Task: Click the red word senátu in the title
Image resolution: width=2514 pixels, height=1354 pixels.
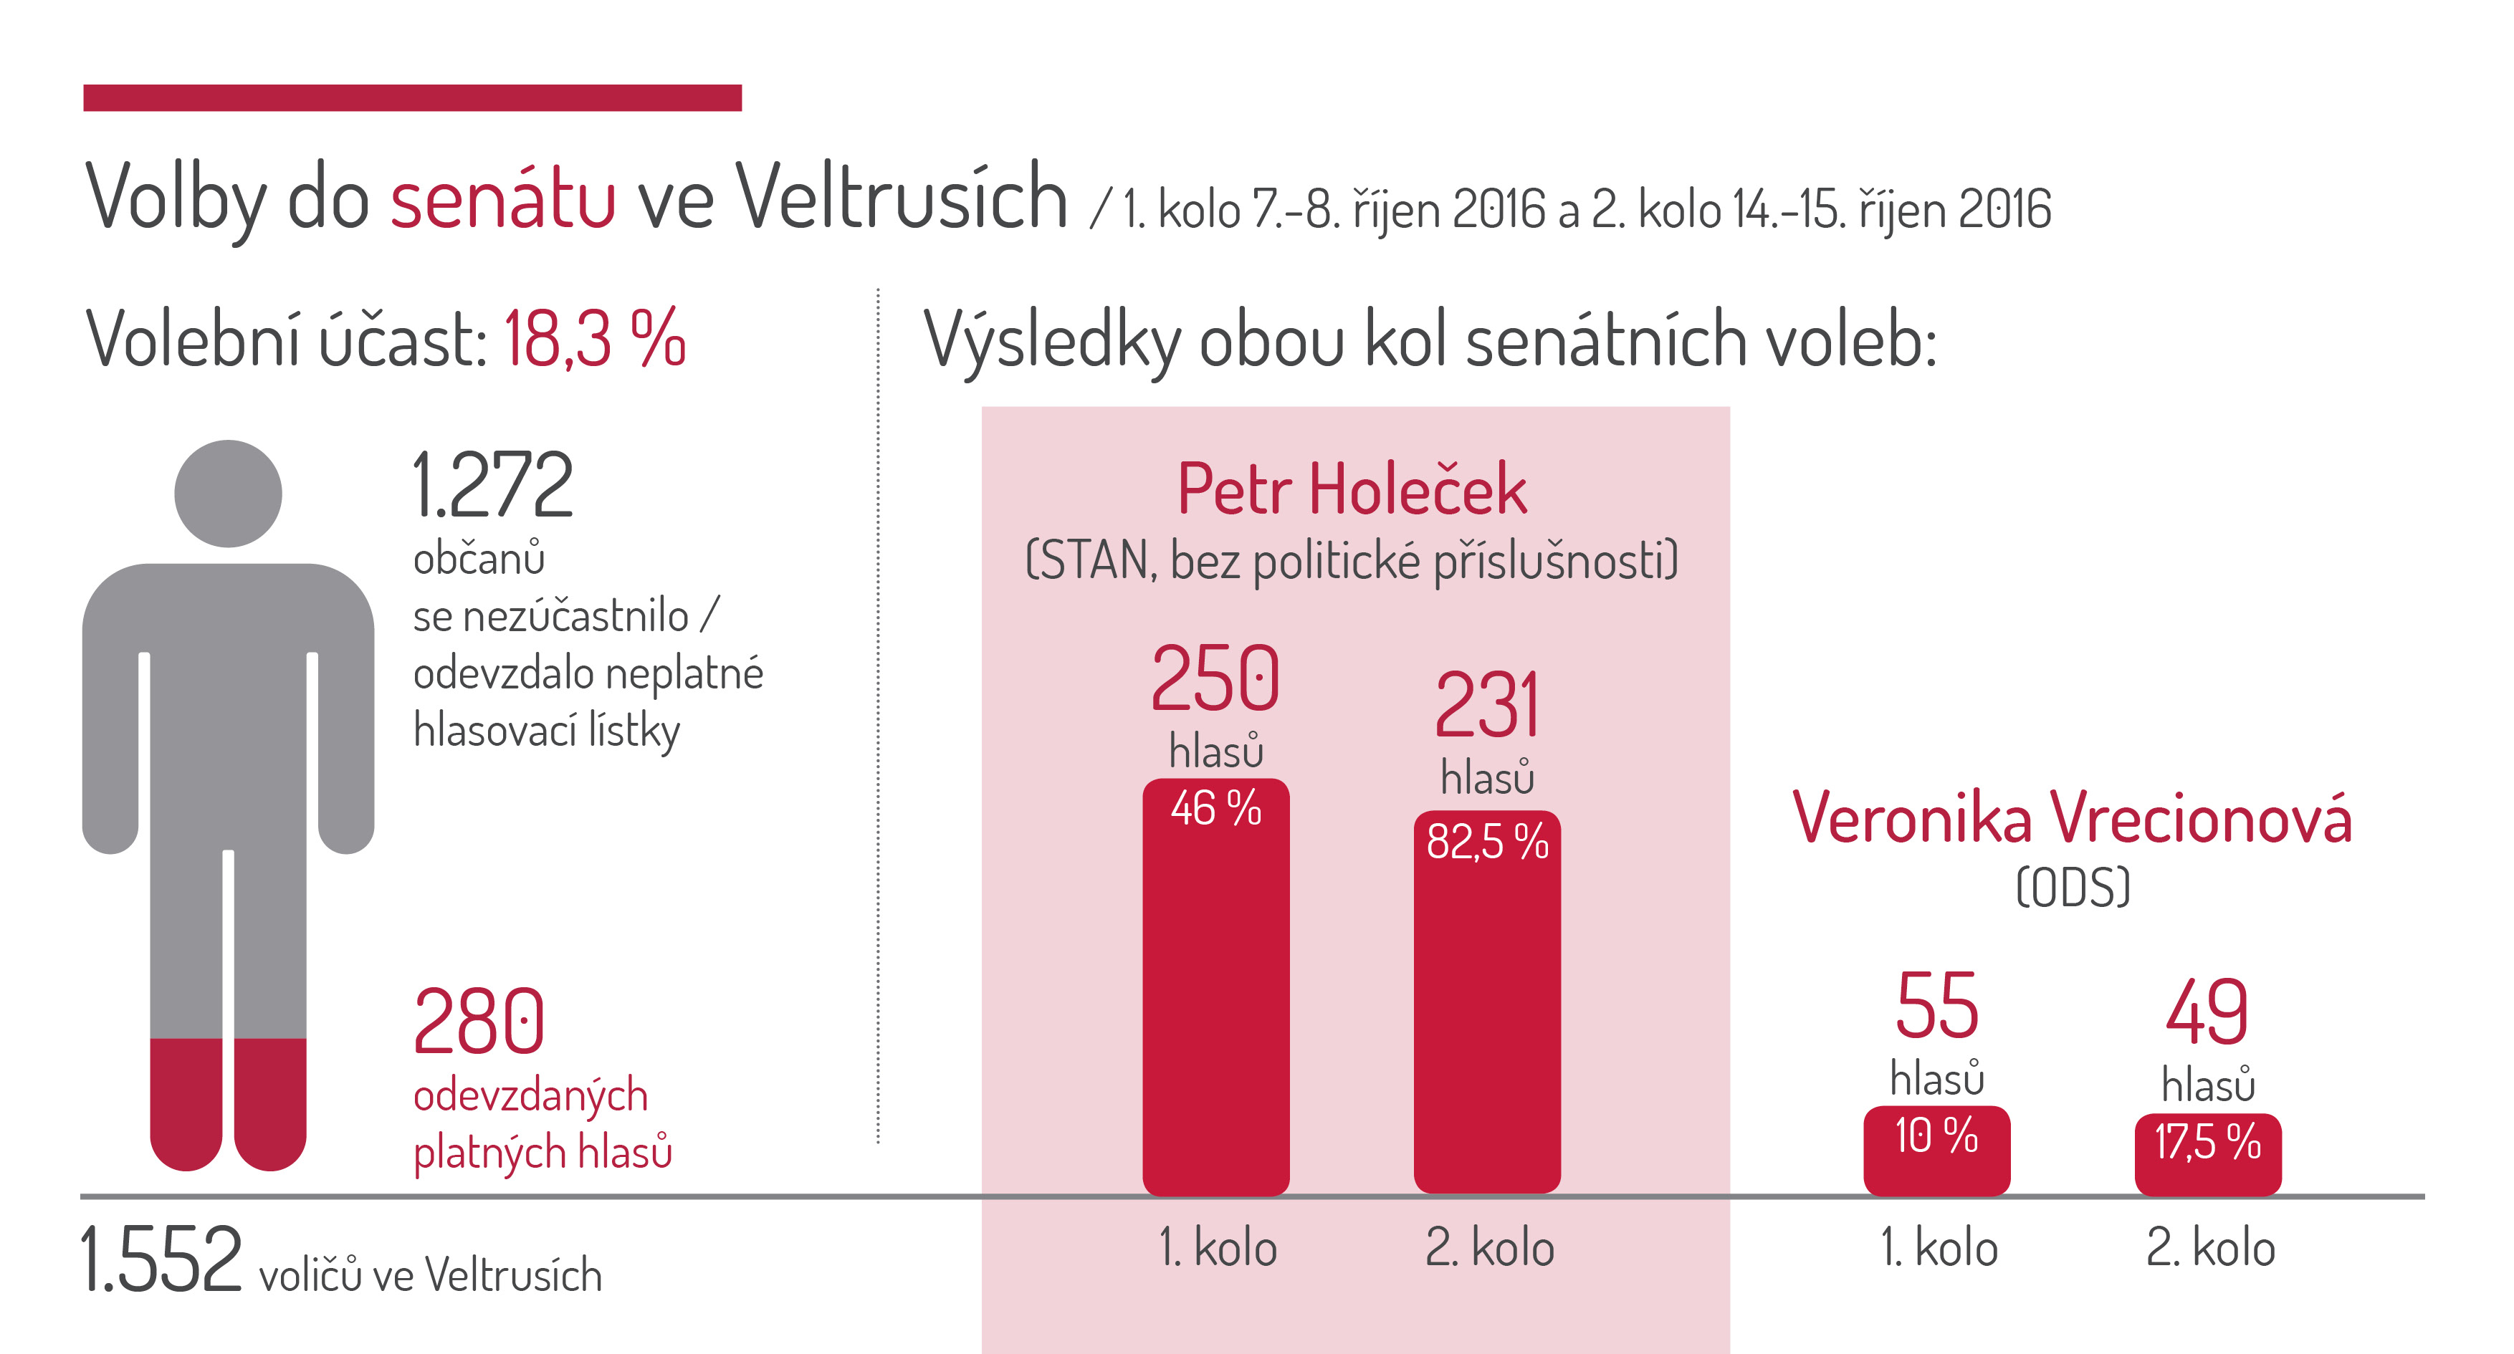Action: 502,198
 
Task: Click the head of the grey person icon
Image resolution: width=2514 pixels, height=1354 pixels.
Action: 229,494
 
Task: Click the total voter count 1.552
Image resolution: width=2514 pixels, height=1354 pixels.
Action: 161,1259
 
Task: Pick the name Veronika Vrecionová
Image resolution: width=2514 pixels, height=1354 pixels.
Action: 2072,817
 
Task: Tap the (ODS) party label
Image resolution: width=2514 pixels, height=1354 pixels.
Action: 2073,887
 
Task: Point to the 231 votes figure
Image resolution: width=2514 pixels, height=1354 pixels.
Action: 1486,704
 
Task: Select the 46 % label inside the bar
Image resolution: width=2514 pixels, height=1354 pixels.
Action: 1216,807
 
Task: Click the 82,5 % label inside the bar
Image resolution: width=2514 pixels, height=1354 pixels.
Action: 1487,841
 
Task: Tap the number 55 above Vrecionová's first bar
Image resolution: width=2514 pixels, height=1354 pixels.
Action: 1937,1006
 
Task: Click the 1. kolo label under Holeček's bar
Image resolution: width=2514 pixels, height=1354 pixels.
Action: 1217,1248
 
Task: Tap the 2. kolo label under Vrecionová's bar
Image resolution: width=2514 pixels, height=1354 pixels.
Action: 2210,1248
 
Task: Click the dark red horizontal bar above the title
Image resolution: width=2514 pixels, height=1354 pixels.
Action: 413,97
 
